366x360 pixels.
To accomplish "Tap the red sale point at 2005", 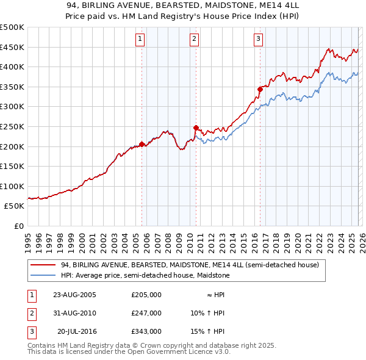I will tap(142, 145).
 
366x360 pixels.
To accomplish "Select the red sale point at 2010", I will tap(196, 128).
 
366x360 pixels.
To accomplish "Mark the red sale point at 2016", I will tap(260, 89).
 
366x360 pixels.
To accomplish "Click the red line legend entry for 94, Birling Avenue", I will tap(190, 265).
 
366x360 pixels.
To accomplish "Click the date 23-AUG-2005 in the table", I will tap(75, 295).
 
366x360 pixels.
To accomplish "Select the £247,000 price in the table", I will tap(146, 313).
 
